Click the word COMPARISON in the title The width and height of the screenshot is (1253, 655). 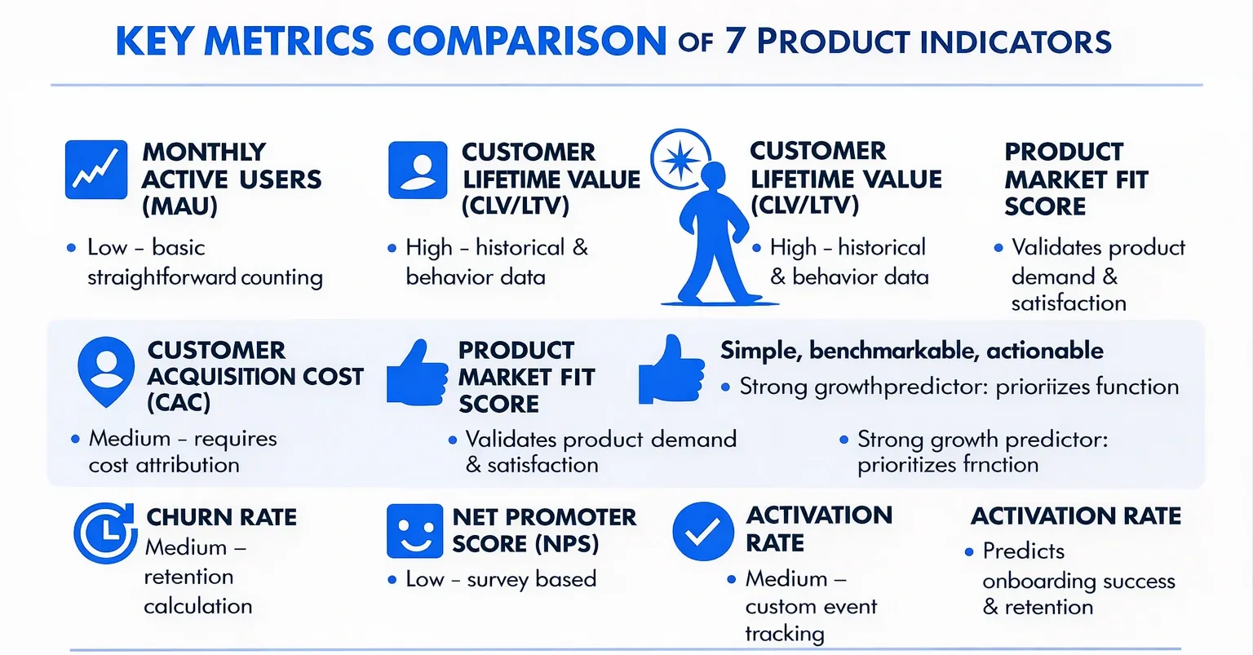(x=526, y=41)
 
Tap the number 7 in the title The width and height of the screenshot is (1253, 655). (x=734, y=41)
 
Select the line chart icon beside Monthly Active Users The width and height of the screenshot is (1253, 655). (x=96, y=170)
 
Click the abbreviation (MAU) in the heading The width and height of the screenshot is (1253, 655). (x=179, y=206)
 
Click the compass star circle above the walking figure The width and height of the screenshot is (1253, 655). (x=679, y=158)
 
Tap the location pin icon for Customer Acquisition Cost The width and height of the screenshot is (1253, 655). (x=106, y=371)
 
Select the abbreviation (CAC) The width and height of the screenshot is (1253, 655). (x=179, y=402)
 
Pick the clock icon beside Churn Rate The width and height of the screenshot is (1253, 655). (x=104, y=533)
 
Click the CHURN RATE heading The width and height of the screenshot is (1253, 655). (x=221, y=517)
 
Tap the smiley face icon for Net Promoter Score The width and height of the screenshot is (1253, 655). (x=414, y=531)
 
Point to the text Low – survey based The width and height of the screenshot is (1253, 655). (x=501, y=579)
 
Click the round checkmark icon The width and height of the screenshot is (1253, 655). (x=702, y=532)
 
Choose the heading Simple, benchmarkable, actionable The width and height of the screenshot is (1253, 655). (x=911, y=351)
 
